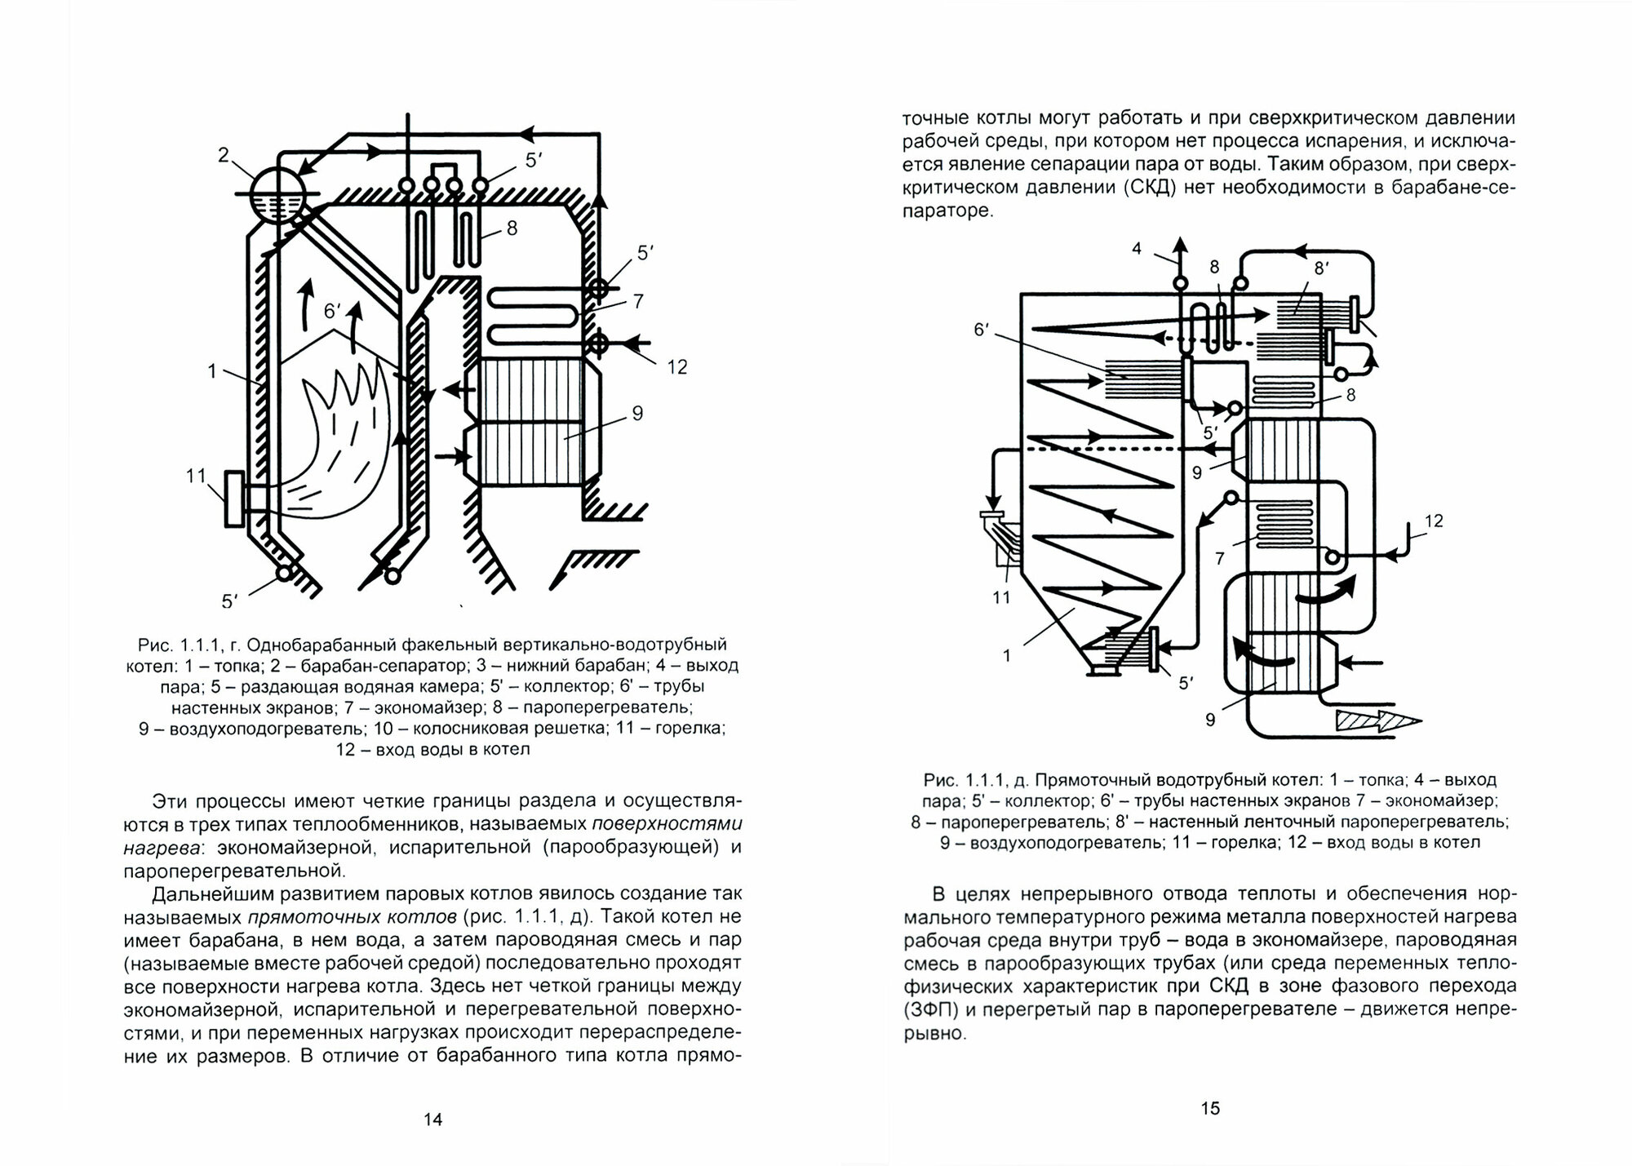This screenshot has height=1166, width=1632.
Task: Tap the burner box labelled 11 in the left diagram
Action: [x=234, y=499]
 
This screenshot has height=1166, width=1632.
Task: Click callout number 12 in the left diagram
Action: [x=676, y=367]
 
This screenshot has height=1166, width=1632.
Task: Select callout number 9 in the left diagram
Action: [x=637, y=414]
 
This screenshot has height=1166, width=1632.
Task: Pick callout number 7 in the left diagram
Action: [x=638, y=302]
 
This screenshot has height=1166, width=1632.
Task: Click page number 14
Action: [x=432, y=1119]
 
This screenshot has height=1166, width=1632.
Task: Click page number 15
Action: [x=1210, y=1107]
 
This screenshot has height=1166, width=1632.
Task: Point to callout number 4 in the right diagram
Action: [x=1138, y=249]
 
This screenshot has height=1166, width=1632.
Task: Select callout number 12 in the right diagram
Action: [x=1433, y=521]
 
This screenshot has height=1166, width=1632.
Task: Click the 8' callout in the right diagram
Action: [x=1321, y=267]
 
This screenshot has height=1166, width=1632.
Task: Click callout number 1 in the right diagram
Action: [x=1006, y=655]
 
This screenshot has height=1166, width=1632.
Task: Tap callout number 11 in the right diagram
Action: [x=1001, y=597]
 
